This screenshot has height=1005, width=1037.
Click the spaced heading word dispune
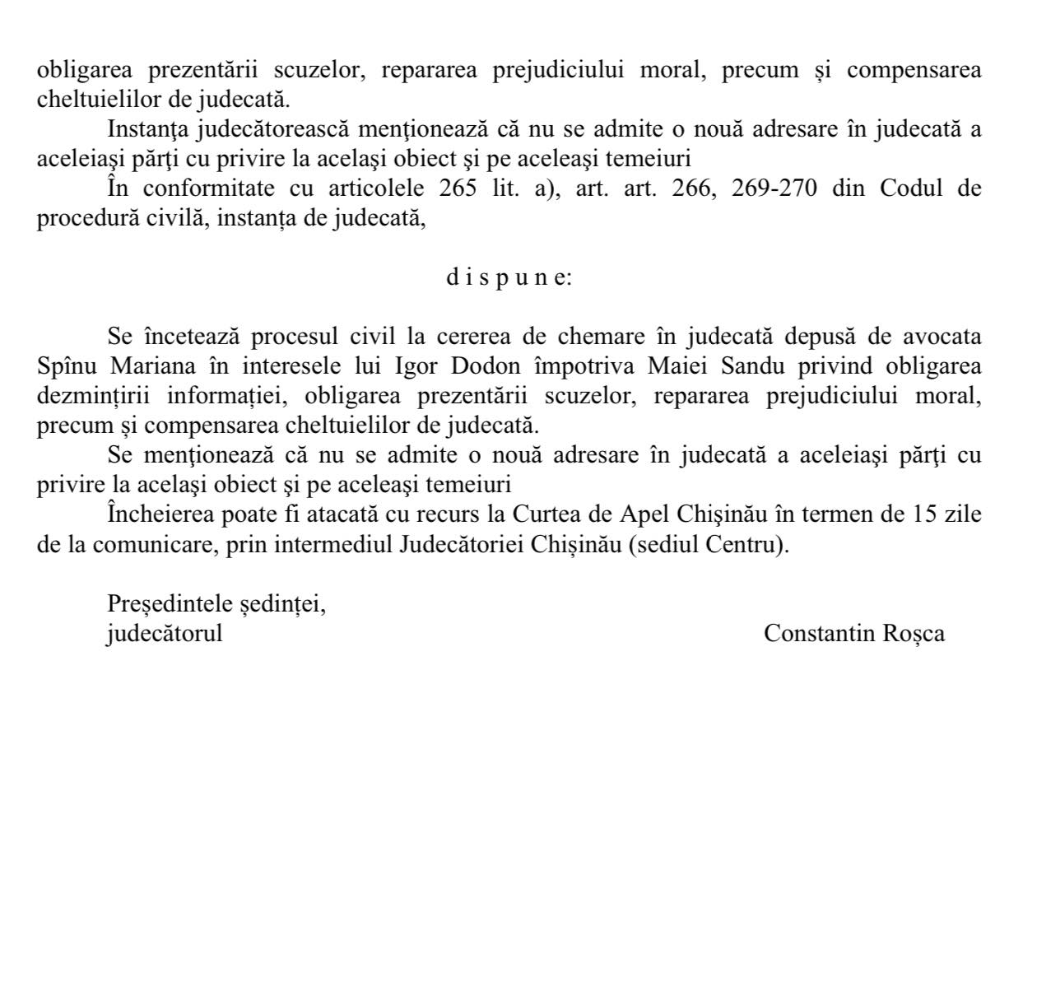coord(509,277)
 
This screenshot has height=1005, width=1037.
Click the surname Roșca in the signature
coord(913,633)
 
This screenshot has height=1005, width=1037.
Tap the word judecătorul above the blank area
coord(165,634)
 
